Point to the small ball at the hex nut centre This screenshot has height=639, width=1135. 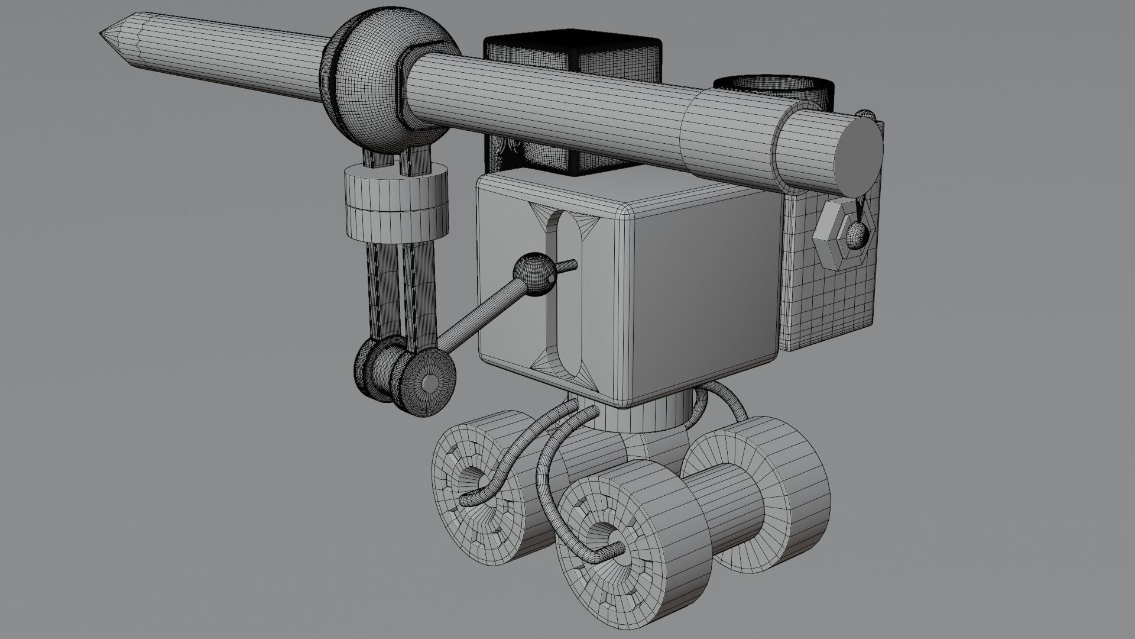click(x=857, y=235)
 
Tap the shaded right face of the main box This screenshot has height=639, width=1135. click(x=703, y=296)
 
